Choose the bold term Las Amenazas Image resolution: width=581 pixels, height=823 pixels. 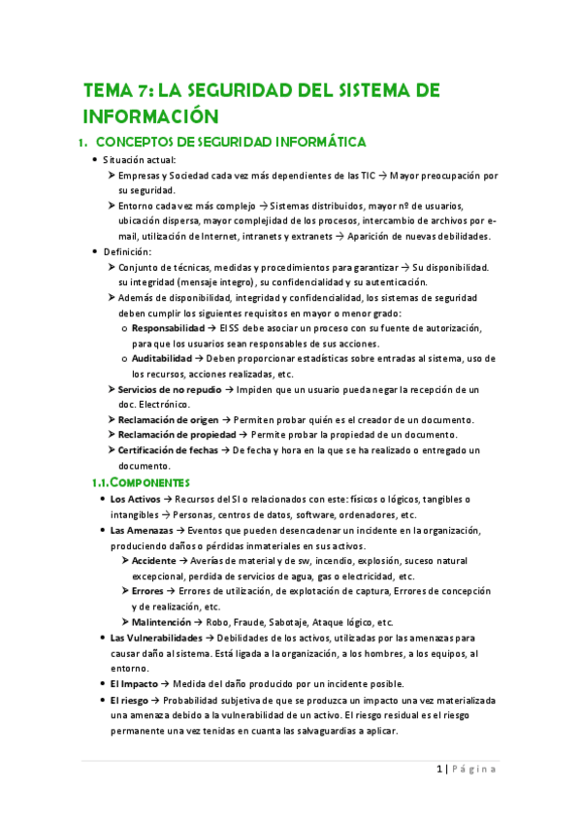142,531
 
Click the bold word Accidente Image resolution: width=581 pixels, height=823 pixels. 153,561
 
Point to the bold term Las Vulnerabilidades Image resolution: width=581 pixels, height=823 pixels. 156,638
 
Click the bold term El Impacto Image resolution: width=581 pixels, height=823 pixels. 133,684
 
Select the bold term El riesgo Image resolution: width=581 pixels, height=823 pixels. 130,700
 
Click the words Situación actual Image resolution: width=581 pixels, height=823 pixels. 140,160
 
